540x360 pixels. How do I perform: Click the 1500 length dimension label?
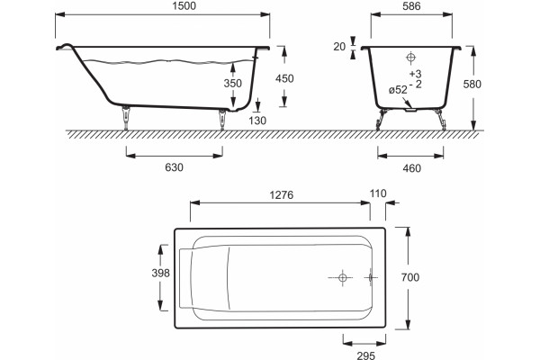tap(184, 6)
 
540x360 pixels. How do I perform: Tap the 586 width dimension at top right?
tap(411, 6)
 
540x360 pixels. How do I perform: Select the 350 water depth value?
tap(233, 83)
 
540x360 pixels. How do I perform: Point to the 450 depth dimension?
tap(284, 78)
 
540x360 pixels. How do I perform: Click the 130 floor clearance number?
tap(257, 121)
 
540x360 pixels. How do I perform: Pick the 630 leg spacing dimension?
tap(174, 167)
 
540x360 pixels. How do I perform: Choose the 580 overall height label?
tap(472, 84)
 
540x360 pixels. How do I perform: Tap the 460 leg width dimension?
tap(411, 168)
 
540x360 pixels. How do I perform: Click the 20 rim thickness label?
tap(339, 47)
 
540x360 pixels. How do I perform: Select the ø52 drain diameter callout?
tap(398, 90)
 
